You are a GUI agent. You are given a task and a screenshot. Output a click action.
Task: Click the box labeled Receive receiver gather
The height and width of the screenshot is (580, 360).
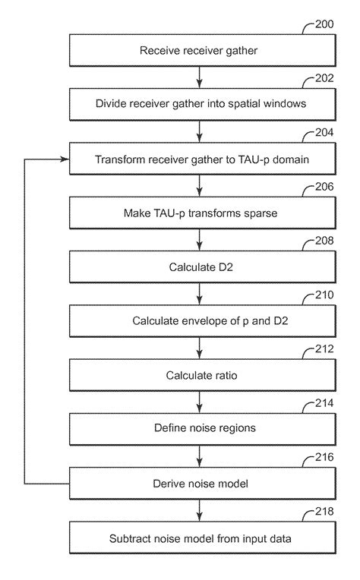pyautogui.click(x=199, y=51)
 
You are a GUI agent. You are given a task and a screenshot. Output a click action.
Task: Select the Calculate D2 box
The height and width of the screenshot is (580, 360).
pyautogui.click(x=199, y=267)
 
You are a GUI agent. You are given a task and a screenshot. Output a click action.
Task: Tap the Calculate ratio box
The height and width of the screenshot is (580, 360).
pyautogui.click(x=199, y=375)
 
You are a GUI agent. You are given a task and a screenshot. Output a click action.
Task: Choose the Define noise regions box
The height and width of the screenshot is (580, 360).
pyautogui.click(x=199, y=429)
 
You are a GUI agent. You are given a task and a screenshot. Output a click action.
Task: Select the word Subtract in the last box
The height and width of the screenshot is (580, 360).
pyautogui.click(x=130, y=538)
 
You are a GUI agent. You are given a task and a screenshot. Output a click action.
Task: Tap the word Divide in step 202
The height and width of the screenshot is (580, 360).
pyautogui.click(x=110, y=105)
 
